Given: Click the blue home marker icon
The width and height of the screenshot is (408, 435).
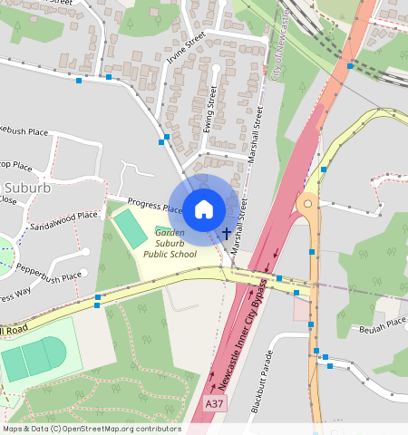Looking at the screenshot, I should click(204, 209).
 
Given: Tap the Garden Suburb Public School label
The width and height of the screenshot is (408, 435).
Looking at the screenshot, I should click(170, 243).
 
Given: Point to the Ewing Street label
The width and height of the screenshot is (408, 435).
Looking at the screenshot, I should click(211, 109).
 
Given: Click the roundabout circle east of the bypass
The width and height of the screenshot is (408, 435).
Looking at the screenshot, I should click(308, 205).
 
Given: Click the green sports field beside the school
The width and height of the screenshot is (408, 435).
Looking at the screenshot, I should click(130, 228).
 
